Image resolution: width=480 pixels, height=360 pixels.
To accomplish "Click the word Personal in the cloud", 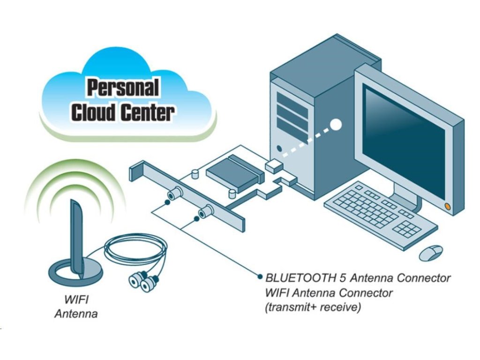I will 123,88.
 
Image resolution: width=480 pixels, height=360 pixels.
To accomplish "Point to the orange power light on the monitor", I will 447,206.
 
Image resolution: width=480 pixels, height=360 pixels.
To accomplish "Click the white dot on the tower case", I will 336,125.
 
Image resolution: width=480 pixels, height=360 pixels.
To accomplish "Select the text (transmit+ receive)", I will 313,308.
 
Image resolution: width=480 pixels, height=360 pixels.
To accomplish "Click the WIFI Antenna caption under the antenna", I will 76,307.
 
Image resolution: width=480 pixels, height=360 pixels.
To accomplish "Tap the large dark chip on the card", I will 234,171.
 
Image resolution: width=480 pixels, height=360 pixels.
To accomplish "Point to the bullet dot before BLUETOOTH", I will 260,277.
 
